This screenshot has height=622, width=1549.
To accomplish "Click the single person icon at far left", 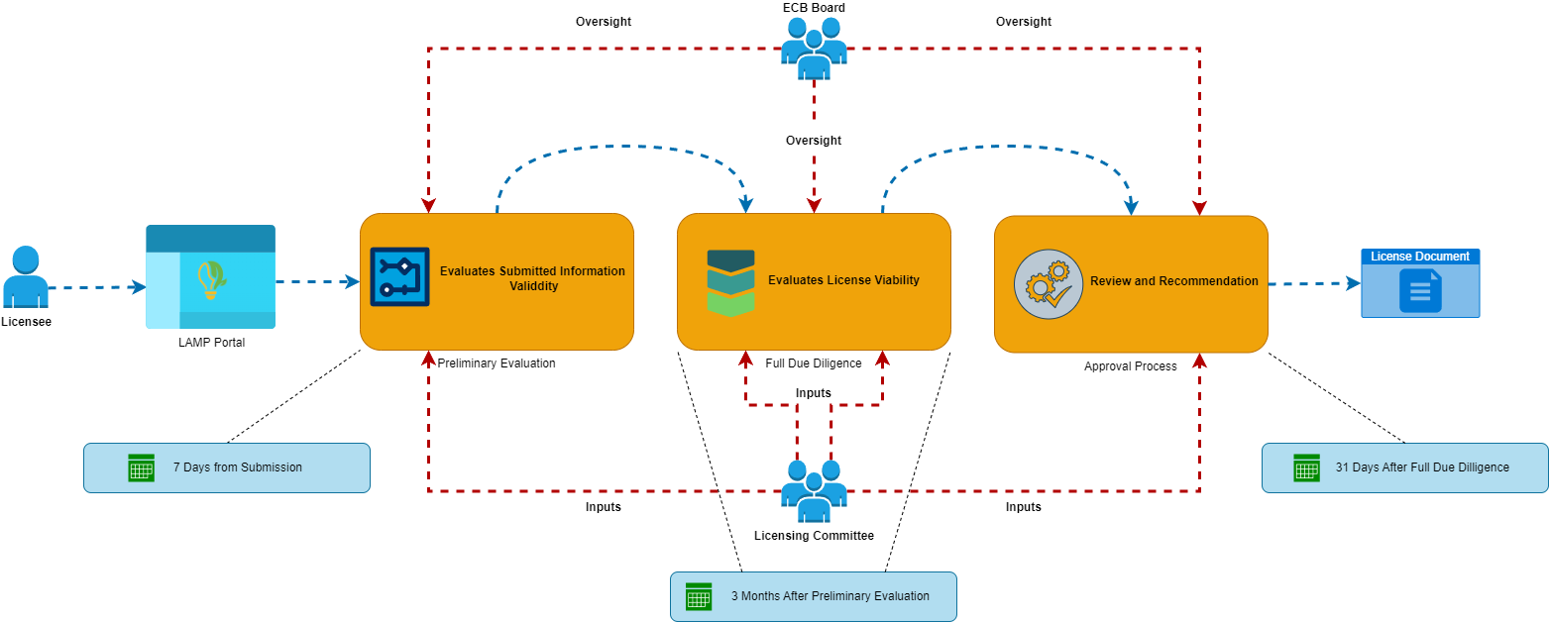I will [x=26, y=276].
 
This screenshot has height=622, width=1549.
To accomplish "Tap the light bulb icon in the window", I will [x=210, y=278].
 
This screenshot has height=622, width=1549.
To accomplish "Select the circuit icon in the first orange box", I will [x=399, y=276].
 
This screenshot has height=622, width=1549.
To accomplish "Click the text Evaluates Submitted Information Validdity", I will [x=532, y=278].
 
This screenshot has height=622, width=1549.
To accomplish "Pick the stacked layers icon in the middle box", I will [x=730, y=282].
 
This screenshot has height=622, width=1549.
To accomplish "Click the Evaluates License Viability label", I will [x=843, y=280].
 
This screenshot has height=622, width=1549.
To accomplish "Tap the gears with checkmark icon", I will [x=1048, y=283].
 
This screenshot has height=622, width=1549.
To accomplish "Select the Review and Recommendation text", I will [x=1173, y=281].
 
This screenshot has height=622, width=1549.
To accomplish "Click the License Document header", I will [x=1419, y=257].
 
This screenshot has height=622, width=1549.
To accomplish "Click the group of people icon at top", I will [x=814, y=48].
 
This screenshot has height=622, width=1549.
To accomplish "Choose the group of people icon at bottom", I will [x=814, y=490].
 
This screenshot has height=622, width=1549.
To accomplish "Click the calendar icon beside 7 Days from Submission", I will [x=142, y=467].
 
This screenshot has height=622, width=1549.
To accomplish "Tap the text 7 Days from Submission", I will [x=237, y=467].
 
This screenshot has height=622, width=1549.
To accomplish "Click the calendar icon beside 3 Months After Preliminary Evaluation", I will [x=699, y=596].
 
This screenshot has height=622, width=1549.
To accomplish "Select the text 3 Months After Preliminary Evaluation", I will [x=830, y=596].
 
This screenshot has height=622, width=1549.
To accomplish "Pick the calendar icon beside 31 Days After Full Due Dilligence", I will [x=1306, y=467].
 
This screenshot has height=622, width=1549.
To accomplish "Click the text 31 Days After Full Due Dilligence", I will [x=1421, y=467].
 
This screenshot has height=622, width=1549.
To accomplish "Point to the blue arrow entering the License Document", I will [x=1314, y=284].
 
